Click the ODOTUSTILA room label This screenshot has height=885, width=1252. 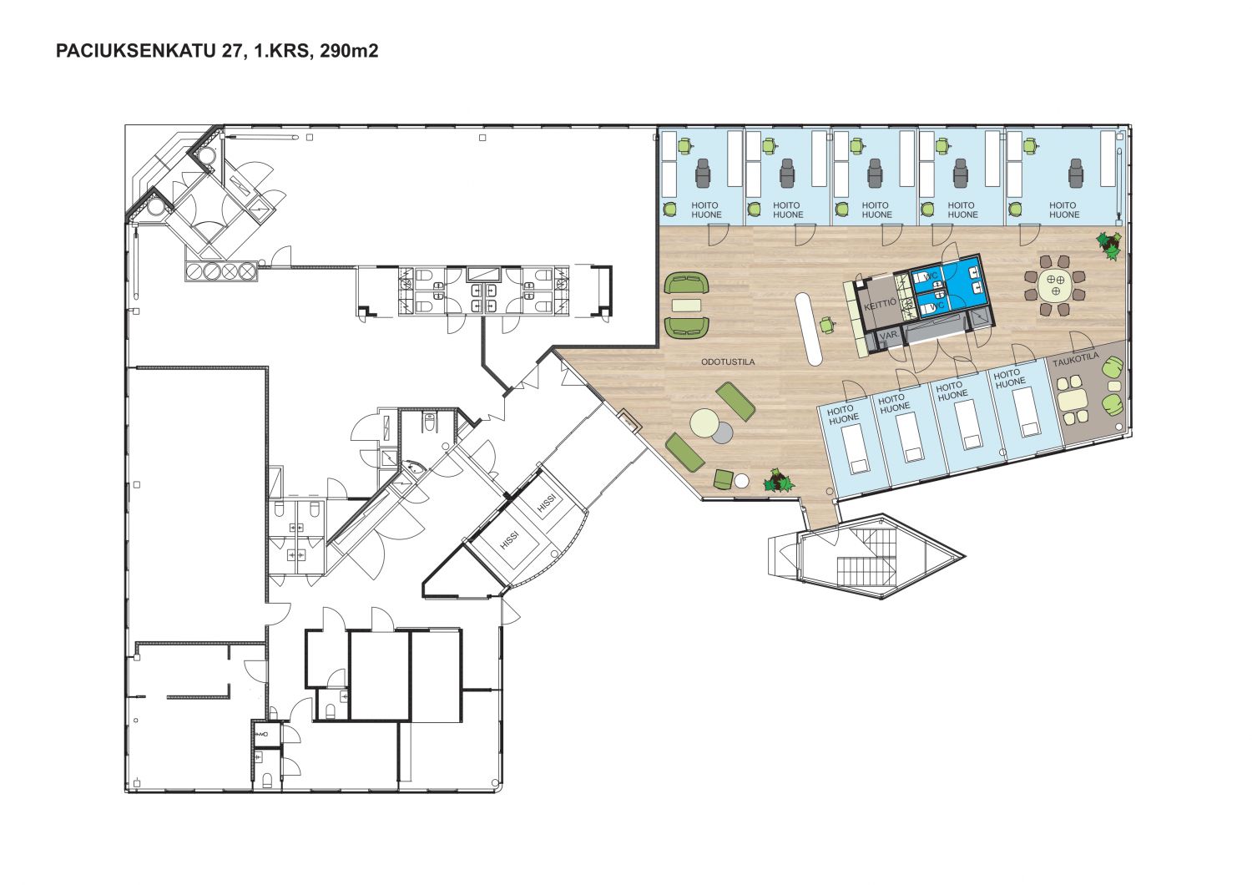point(728,362)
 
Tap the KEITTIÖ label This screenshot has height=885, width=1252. point(881,306)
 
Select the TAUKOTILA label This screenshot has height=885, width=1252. point(1076,359)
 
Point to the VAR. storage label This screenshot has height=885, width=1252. point(888,335)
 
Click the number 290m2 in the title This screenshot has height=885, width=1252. point(350,51)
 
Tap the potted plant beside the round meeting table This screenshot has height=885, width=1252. point(1109,245)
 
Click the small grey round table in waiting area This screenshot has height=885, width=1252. point(722,432)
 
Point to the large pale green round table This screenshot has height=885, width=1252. point(704,423)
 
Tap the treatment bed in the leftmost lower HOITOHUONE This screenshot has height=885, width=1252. point(856,448)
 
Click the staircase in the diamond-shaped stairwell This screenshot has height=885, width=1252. point(866,557)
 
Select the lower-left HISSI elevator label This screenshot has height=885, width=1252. point(510,541)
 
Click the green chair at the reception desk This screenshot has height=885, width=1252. point(827,325)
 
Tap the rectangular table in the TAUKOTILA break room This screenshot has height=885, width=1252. point(1073,398)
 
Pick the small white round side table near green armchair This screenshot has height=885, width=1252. point(742,481)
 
